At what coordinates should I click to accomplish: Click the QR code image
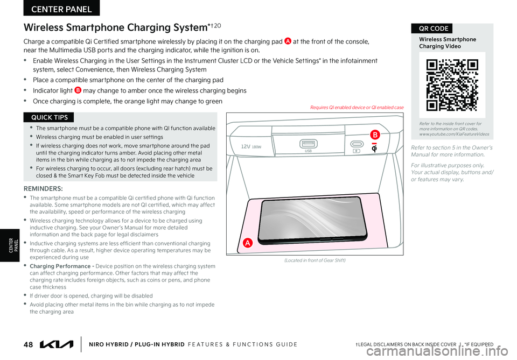(452, 84)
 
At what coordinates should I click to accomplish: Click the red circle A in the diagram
(248, 243)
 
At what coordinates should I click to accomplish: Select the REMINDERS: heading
(43, 189)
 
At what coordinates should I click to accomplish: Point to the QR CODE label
(431, 29)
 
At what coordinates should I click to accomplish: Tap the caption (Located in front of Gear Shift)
(315, 260)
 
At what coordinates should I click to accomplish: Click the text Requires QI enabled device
(357, 108)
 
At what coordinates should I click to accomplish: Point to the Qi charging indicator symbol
(374, 148)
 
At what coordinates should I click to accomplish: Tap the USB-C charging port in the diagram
(357, 144)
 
